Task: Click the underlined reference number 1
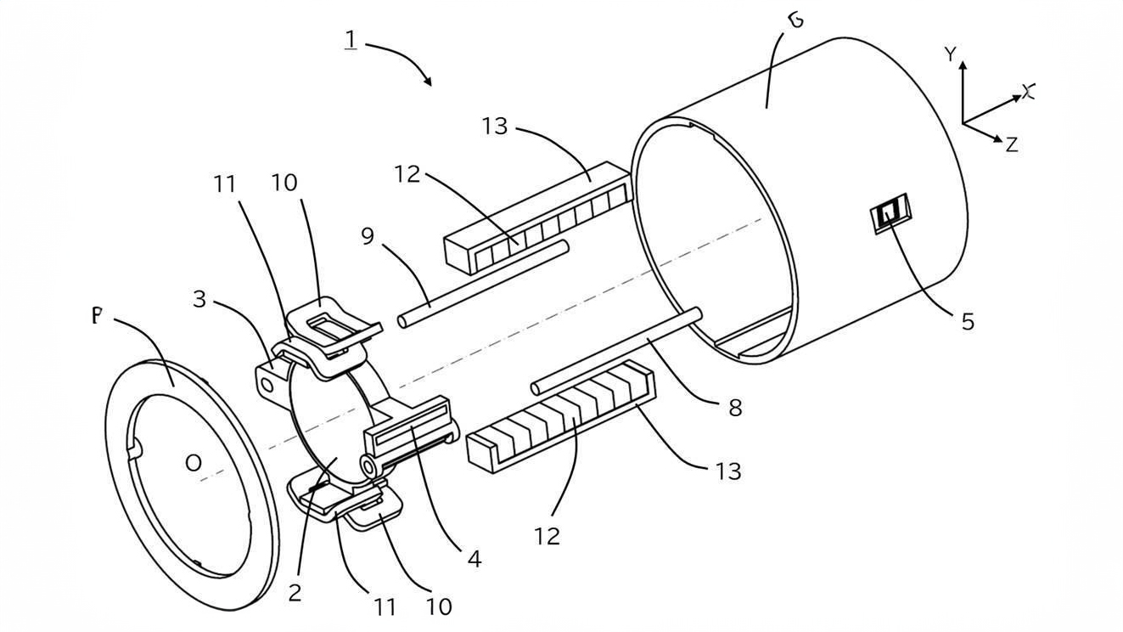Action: click(351, 39)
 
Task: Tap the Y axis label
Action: click(951, 55)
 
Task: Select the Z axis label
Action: click(1010, 144)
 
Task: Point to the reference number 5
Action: click(968, 321)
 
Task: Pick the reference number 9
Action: click(368, 235)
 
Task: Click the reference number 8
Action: click(735, 408)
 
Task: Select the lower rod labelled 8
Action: click(618, 352)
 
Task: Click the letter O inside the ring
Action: click(194, 463)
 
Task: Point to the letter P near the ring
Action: click(96, 317)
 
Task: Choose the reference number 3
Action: click(199, 299)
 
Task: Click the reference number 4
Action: click(474, 558)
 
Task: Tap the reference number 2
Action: click(295, 592)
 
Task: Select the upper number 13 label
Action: click(494, 127)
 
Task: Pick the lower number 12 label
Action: click(547, 536)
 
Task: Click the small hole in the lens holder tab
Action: click(268, 385)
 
